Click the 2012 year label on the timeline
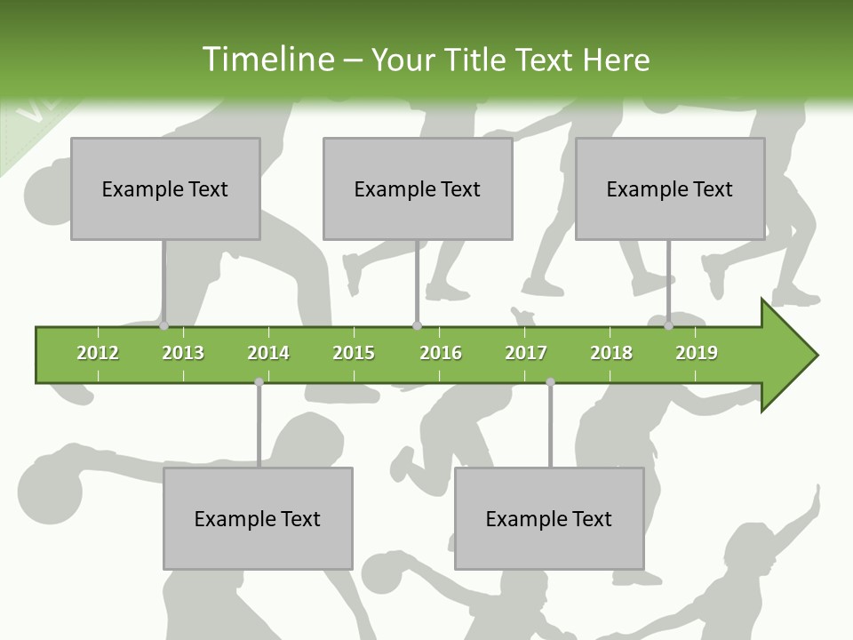pos(98,353)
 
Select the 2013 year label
pos(183,353)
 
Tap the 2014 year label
pos(268,353)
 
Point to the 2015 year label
pos(354,353)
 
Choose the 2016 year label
pos(441,353)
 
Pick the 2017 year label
pos(526,353)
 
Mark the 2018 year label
pos(611,353)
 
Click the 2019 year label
pos(697,353)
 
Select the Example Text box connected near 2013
pos(165,188)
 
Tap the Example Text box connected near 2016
pos(418,188)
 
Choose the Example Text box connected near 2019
pos(670,188)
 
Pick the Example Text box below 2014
pos(258,518)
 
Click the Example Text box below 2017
pos(549,518)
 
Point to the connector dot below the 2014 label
pos(259,382)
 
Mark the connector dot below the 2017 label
pos(550,382)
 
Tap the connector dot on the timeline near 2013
pos(163,325)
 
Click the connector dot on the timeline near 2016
pos(417,325)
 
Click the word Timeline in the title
pos(267,60)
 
